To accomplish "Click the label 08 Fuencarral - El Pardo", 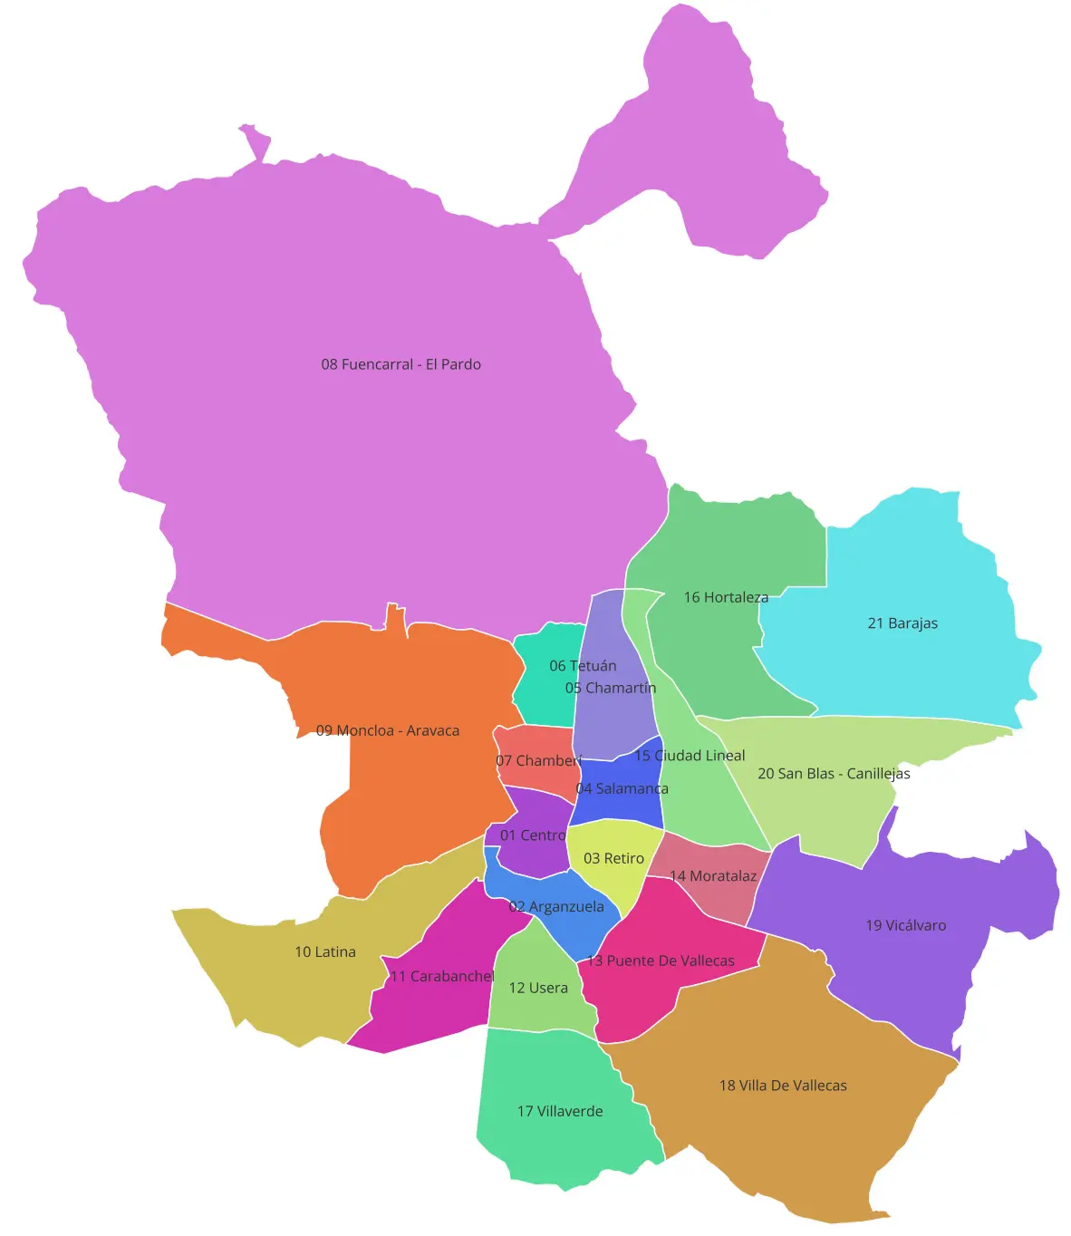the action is pyautogui.click(x=400, y=364).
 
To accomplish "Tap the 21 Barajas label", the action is pyautogui.click(x=902, y=623).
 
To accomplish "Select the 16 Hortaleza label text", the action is pyautogui.click(x=726, y=597).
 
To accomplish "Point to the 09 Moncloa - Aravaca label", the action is pyautogui.click(x=388, y=730).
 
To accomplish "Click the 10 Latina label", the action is pyautogui.click(x=325, y=951).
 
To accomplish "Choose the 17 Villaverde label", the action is pyautogui.click(x=560, y=1111).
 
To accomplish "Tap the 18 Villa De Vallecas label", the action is pyautogui.click(x=783, y=1086).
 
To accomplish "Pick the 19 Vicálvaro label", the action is pyautogui.click(x=905, y=925).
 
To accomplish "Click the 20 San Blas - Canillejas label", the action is pyautogui.click(x=834, y=774).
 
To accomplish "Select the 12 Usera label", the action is pyautogui.click(x=538, y=988).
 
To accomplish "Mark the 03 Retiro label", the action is pyautogui.click(x=613, y=858).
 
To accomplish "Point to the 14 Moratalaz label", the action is pyautogui.click(x=713, y=876).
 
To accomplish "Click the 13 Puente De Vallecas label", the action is pyautogui.click(x=661, y=961).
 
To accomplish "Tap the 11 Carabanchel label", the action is pyautogui.click(x=442, y=976).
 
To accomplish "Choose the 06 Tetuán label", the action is pyautogui.click(x=583, y=666).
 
